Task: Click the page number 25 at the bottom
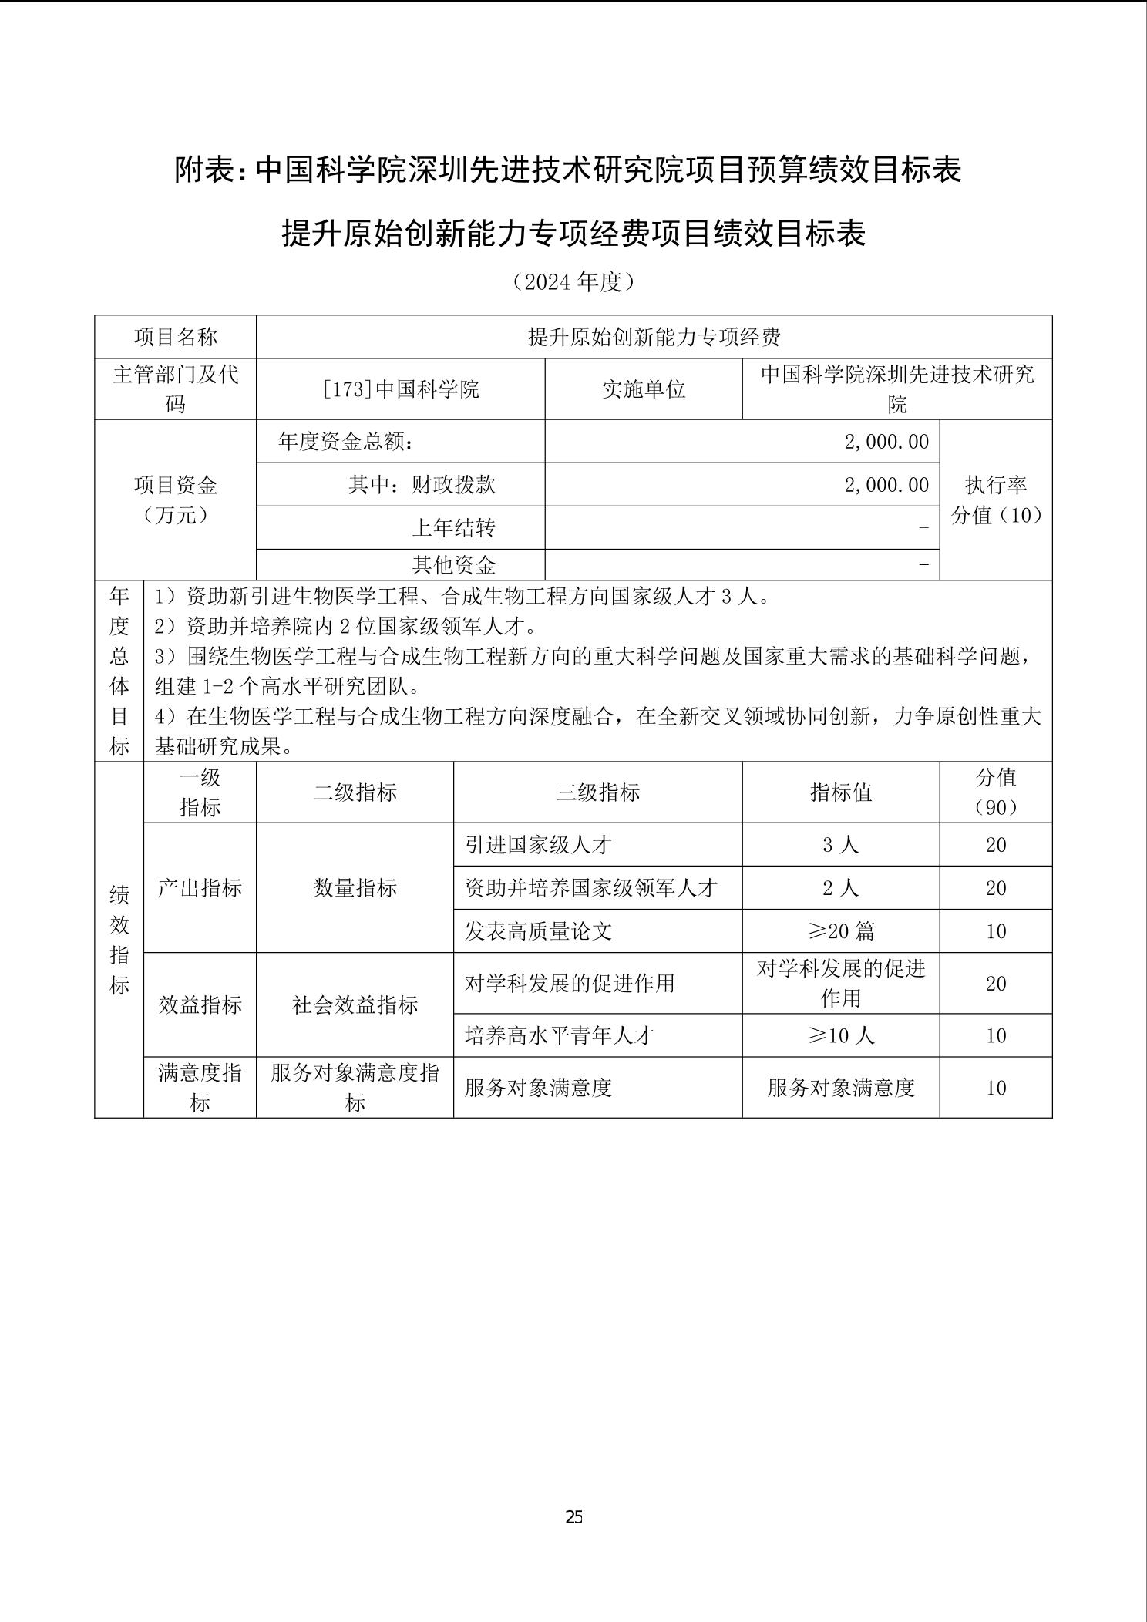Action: coord(573,1517)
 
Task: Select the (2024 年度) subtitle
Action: coord(573,282)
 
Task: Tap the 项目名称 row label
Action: coord(176,337)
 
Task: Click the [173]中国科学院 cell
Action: coord(401,389)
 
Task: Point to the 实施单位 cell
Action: coord(644,389)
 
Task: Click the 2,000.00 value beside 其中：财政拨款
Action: coord(886,485)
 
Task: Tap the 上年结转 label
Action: coord(453,528)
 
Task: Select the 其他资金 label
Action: coord(453,565)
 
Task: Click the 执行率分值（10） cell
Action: coord(996,500)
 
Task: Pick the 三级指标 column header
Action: coord(598,792)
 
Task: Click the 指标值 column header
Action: coord(841,792)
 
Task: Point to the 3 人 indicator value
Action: coord(841,845)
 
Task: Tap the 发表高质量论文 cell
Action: coord(539,931)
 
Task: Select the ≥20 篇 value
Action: coord(841,931)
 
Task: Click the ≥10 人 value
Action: coord(841,1035)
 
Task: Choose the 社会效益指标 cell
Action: coord(355,1004)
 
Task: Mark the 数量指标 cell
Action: coord(355,888)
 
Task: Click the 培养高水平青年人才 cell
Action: coord(560,1035)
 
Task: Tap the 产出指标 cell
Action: coord(200,888)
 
